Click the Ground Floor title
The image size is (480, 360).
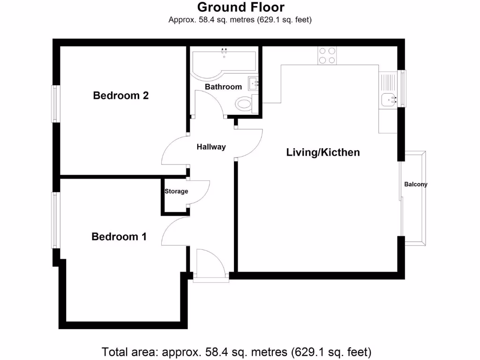pos(240,7)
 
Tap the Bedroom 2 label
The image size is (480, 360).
pos(121,96)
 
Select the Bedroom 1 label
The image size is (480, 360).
pos(119,237)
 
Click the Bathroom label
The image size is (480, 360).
pos(224,87)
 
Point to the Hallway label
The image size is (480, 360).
pos(211,147)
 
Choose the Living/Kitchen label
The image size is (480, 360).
pos(323,152)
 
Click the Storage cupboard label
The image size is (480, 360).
pos(176,191)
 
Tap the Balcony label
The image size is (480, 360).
pos(416,184)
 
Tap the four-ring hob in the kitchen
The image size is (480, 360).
pos(327,56)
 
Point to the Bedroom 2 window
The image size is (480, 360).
pos(55,104)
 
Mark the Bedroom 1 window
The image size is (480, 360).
pos(55,220)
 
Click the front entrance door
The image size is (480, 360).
pos(210,265)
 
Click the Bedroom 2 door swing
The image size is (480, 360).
pos(174,151)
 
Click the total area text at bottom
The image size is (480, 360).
pos(237,351)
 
